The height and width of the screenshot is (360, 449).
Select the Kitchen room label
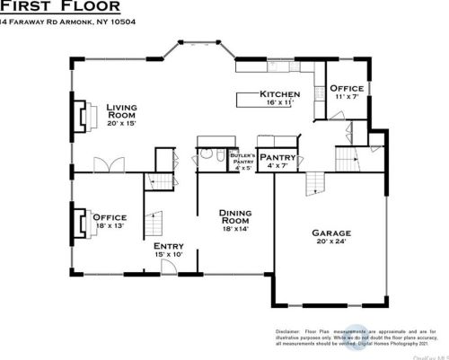(279, 94)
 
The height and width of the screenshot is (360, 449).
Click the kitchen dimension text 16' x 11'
(279, 103)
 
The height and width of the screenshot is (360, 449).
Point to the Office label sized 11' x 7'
(346, 88)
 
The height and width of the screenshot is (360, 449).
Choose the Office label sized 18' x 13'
(110, 217)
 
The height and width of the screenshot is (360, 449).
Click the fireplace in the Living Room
(80, 115)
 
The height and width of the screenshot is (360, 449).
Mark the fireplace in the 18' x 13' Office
(76, 218)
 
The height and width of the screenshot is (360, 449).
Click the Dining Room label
(236, 216)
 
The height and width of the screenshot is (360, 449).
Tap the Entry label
(168, 246)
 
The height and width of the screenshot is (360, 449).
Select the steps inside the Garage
(313, 184)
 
